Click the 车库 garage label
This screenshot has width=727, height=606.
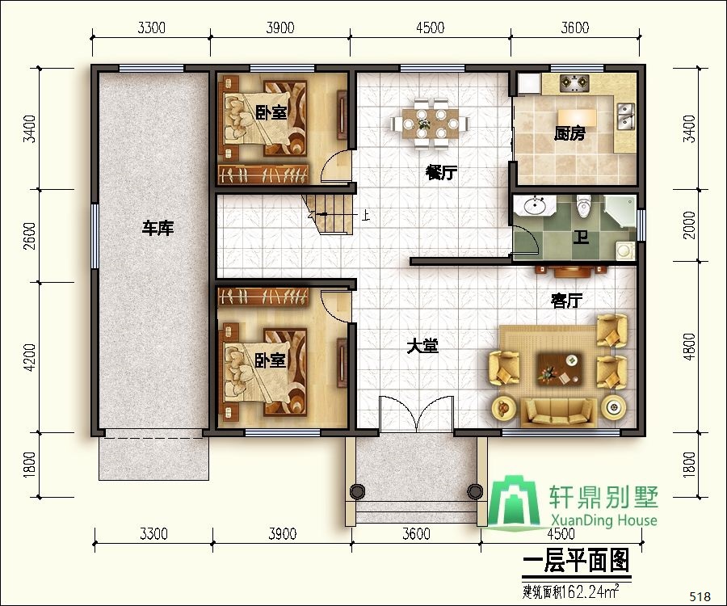158,229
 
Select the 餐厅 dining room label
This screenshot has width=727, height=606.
441,173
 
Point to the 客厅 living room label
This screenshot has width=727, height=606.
566,301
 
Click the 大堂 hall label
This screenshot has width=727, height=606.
422,347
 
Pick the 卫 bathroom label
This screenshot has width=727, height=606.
580,238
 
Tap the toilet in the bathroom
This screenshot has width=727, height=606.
585,208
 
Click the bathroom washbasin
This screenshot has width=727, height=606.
534,206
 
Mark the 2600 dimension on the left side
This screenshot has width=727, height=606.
29,236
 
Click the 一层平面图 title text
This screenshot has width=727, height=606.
575,560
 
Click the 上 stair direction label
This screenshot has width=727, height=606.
366,216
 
